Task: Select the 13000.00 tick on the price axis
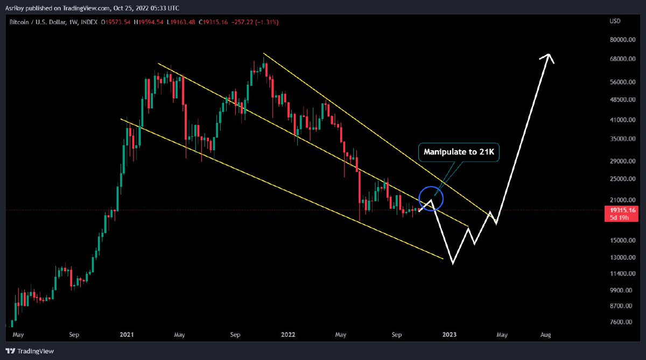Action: point(616,257)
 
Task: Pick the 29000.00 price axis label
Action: point(616,161)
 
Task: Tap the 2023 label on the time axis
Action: point(450,335)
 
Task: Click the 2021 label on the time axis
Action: point(127,335)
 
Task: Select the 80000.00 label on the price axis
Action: point(616,39)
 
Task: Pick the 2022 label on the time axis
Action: point(287,335)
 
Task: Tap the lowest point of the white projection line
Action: point(453,264)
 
